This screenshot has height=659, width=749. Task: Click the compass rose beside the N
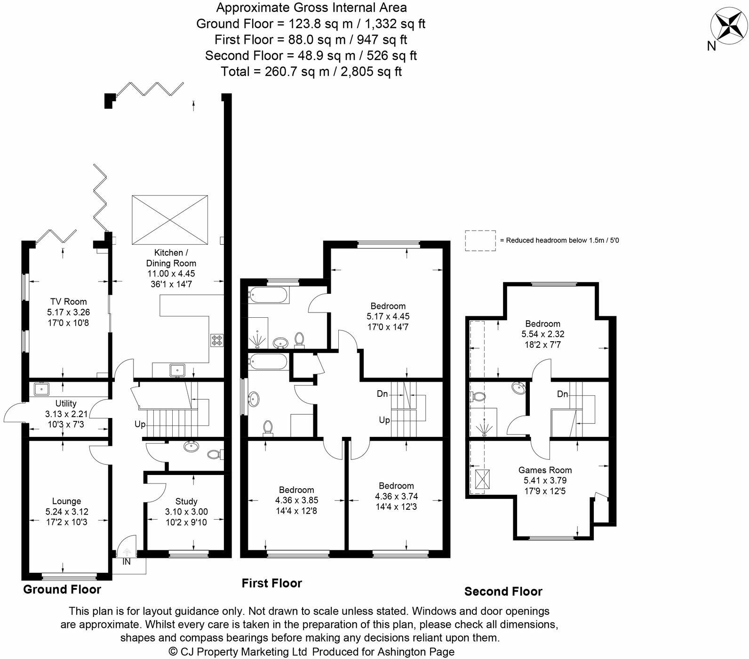click(728, 25)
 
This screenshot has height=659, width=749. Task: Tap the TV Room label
click(68, 302)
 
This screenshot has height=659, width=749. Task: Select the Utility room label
click(66, 403)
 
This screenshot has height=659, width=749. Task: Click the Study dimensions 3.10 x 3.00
click(186, 512)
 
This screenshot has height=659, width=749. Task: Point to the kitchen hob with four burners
click(217, 340)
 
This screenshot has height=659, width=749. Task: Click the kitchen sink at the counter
click(177, 370)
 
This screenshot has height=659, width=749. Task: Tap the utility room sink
click(41, 389)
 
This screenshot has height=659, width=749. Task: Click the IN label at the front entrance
click(127, 562)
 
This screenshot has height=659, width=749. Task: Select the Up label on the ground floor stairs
click(140, 424)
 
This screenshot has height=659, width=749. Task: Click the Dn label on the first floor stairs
click(382, 394)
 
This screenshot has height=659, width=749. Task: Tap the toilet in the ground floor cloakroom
click(215, 454)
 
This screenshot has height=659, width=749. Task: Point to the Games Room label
click(545, 470)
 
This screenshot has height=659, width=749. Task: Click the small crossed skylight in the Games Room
click(481, 480)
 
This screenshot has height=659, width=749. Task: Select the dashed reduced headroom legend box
click(480, 241)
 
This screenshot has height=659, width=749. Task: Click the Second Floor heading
click(503, 592)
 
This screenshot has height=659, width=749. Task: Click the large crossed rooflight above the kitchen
click(170, 220)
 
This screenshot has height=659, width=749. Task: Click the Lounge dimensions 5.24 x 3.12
click(67, 512)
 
